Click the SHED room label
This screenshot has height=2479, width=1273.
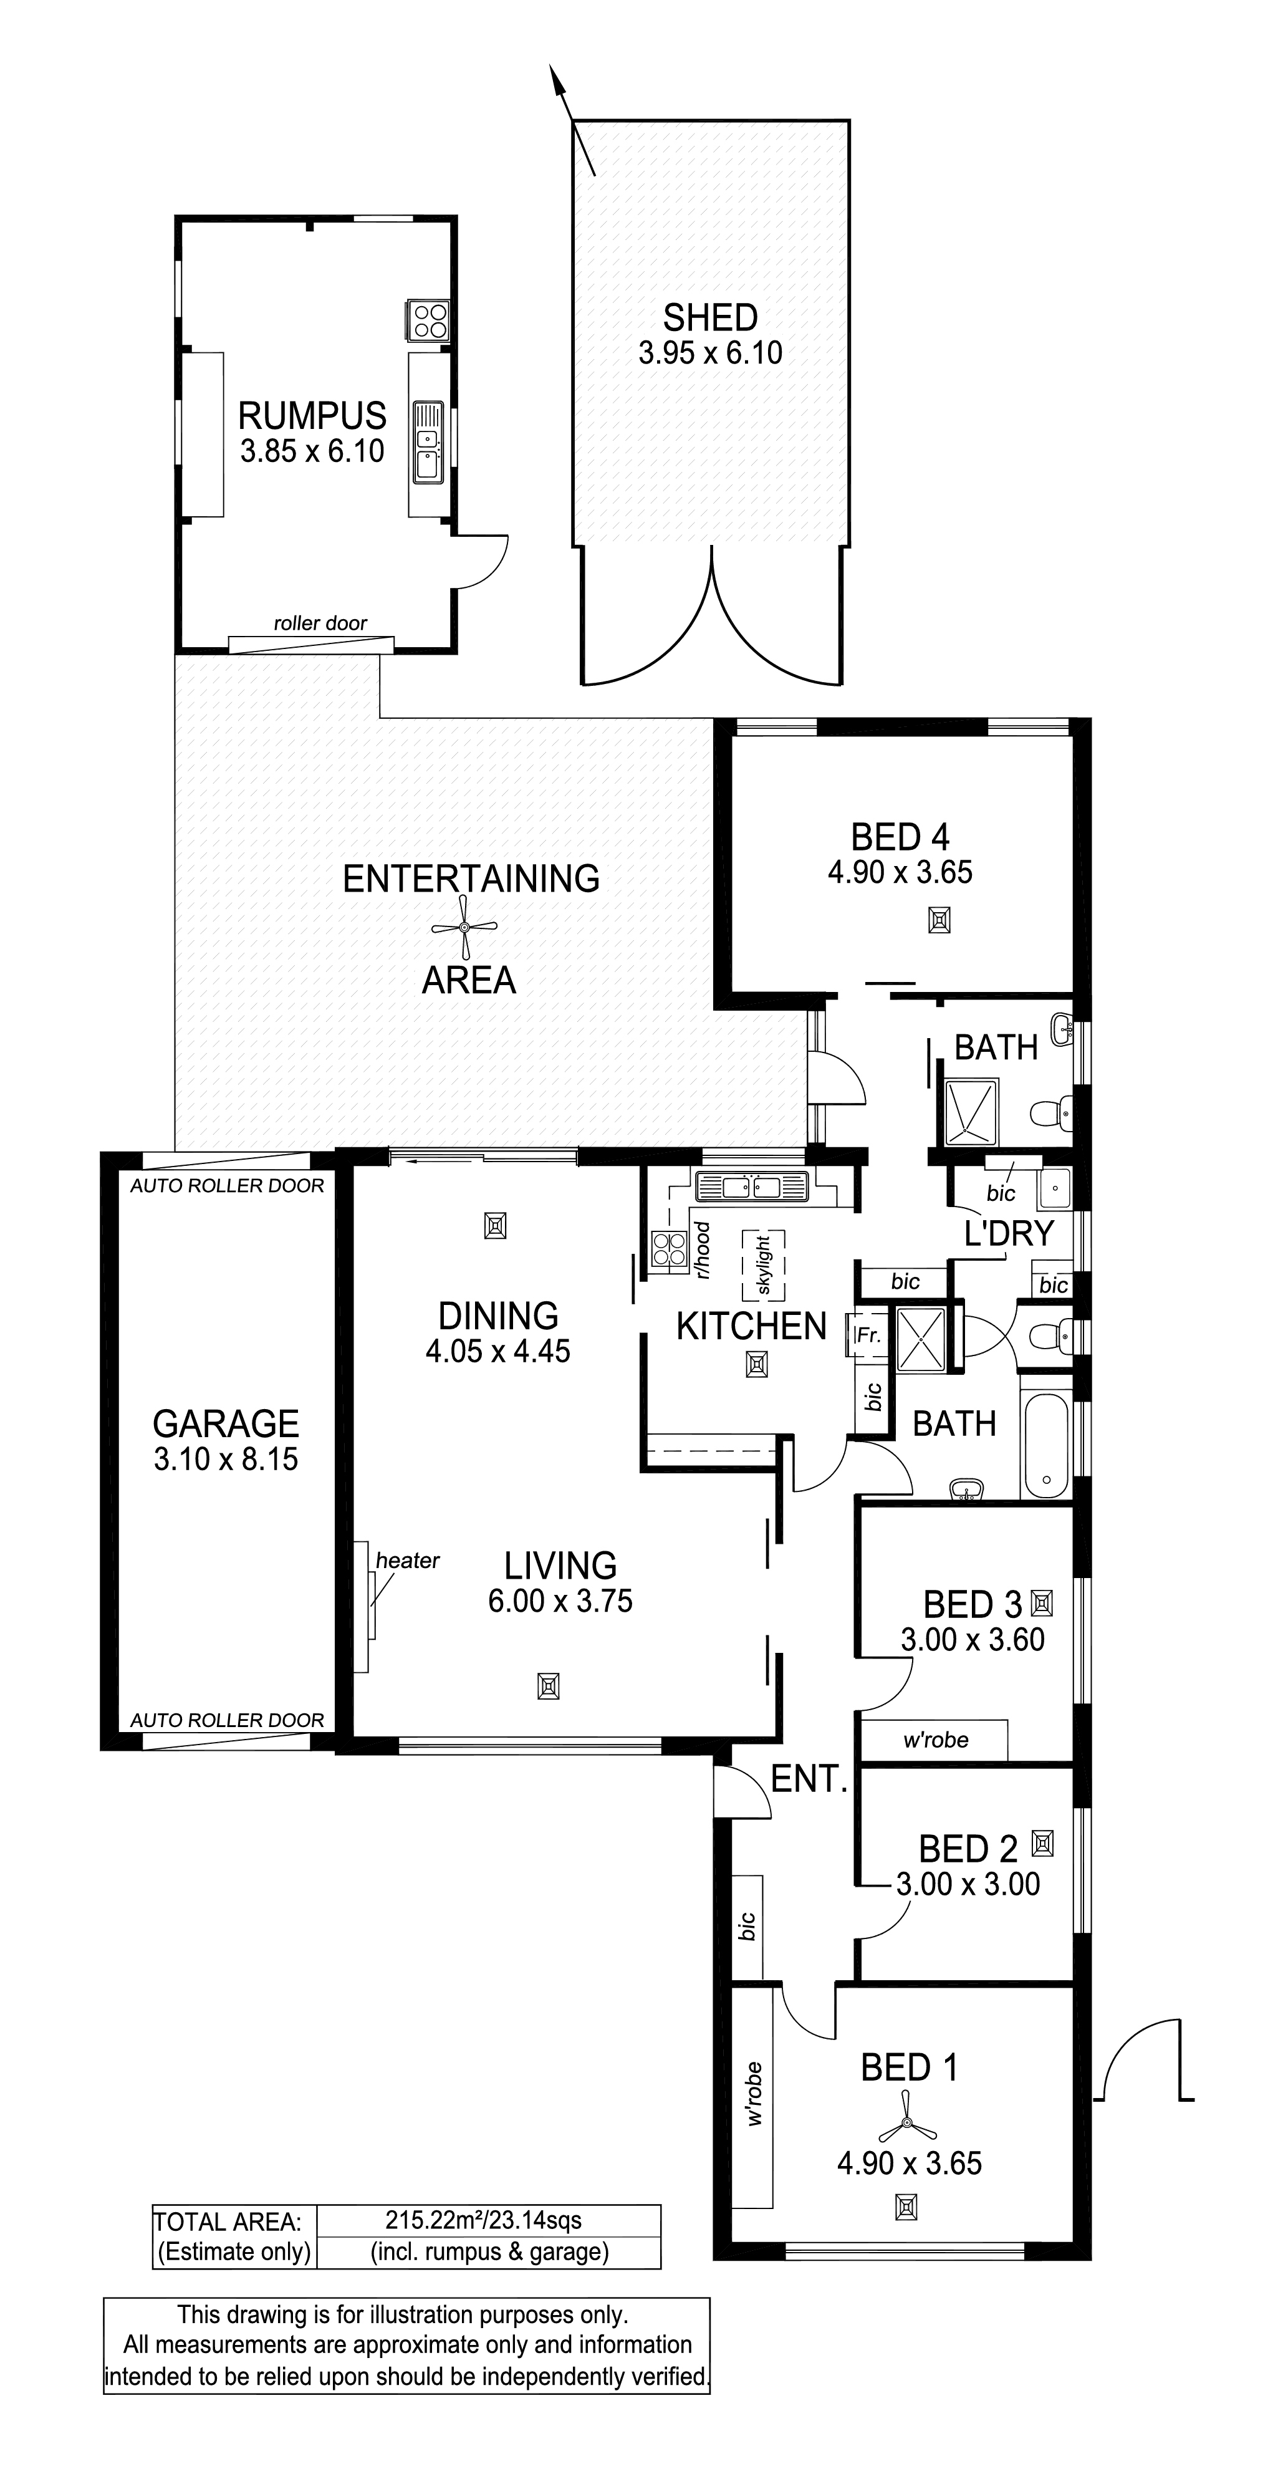(710, 317)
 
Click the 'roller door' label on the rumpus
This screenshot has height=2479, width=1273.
(320, 623)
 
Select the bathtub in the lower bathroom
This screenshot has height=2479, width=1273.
(1046, 1446)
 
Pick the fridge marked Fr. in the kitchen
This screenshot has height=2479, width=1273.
(867, 1336)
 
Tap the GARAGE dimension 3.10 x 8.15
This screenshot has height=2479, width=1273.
(226, 1459)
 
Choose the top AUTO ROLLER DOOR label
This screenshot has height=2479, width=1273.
(227, 1186)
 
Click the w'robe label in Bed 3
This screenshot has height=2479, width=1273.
(935, 1740)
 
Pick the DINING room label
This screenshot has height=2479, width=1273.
(499, 1316)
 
